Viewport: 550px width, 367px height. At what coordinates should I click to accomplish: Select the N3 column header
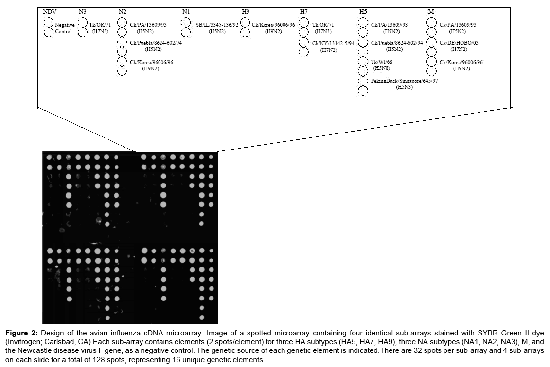[84, 11]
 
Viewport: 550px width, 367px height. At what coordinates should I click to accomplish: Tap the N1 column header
[186, 11]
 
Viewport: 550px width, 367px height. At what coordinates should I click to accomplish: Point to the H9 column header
[246, 11]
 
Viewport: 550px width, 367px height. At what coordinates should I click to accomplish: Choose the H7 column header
[304, 11]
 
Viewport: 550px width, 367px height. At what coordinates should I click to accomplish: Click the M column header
[431, 11]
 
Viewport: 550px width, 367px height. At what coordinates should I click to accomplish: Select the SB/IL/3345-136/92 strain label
[217, 24]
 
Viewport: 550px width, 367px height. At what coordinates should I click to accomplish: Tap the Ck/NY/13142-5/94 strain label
[333, 43]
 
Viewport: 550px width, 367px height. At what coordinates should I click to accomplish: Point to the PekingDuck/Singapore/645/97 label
[404, 81]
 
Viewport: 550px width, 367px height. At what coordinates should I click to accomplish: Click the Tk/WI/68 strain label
[381, 62]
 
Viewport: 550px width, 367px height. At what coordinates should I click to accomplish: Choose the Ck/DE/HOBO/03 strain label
[459, 43]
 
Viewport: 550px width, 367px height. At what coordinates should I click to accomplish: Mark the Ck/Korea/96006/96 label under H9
[273, 24]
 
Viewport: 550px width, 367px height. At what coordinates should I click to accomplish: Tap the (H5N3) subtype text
[404, 87]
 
